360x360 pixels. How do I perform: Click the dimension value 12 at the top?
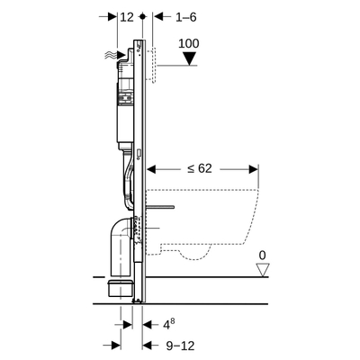pos(126,17)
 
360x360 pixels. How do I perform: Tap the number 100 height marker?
pos(188,43)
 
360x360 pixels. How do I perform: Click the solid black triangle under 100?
pos(188,59)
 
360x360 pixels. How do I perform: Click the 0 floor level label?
pos(264,255)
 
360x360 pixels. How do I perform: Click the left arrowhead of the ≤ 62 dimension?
pos(150,167)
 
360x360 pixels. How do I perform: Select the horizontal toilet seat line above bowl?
pos(163,208)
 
